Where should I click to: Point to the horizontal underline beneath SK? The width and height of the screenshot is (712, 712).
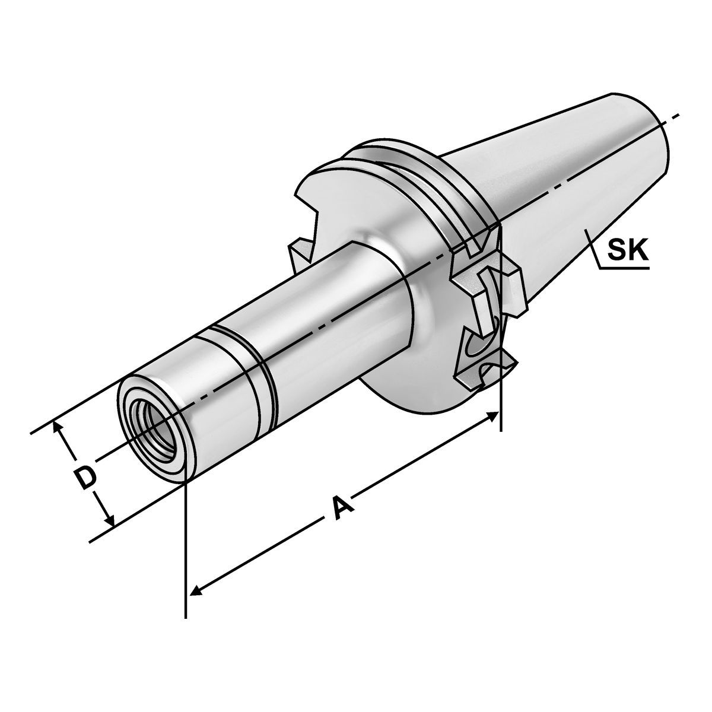coord(623,269)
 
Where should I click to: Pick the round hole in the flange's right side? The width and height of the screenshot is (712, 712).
coord(478,344)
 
